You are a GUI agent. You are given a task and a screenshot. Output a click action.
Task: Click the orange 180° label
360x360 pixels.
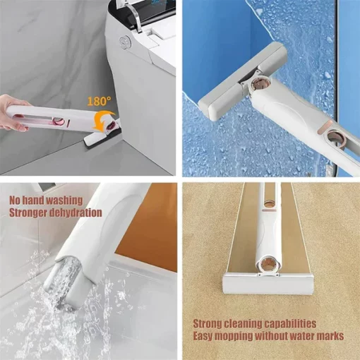(99, 101)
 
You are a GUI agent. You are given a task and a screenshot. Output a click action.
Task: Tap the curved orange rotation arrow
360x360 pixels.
(104, 120)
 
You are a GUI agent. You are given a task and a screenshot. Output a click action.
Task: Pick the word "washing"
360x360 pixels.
(64, 200)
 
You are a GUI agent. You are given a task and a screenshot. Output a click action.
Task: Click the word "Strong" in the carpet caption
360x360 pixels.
(208, 324)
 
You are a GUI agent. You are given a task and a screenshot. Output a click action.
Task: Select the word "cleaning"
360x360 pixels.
(242, 324)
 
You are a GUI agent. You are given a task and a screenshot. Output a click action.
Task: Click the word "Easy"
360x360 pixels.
(203, 336)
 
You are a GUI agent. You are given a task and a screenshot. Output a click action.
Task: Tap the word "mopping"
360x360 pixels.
(234, 337)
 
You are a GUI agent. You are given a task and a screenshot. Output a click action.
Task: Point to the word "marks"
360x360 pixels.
(332, 336)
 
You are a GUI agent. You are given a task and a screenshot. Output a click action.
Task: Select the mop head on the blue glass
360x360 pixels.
(242, 82)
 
